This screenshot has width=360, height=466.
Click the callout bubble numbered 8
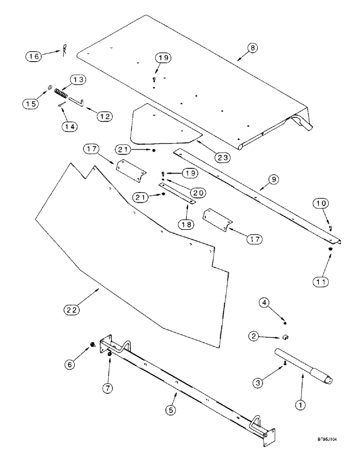pyautogui.click(x=252, y=48)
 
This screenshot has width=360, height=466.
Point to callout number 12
pyautogui.click(x=105, y=116)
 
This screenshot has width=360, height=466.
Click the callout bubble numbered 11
pyautogui.click(x=322, y=281)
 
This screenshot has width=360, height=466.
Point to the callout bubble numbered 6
pyautogui.click(x=71, y=352)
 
